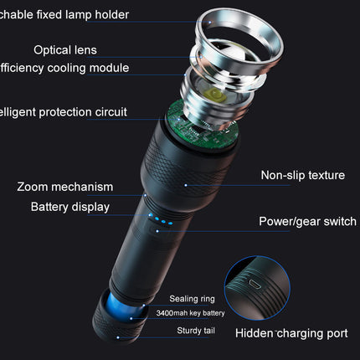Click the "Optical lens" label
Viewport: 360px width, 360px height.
tap(65, 49)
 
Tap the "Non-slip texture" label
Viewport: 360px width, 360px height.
tap(302, 175)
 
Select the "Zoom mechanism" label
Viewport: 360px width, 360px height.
tap(64, 187)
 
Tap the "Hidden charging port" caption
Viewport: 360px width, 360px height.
tap(291, 333)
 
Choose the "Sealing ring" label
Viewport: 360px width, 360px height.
tap(193, 299)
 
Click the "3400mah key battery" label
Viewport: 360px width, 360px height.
tap(190, 313)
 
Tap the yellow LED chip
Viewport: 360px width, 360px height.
tap(222, 95)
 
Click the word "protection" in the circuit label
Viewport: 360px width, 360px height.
tap(64, 111)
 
